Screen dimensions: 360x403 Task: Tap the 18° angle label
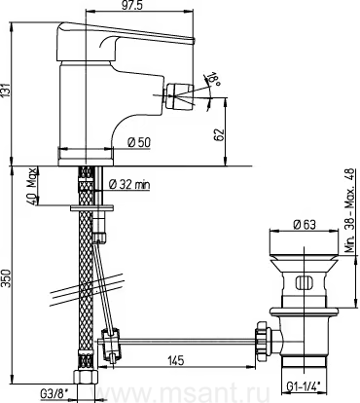point(215,78)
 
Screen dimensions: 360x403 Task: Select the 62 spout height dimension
point(220,134)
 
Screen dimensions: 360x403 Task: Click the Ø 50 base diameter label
point(139,142)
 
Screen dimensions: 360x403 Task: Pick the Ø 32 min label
point(129,185)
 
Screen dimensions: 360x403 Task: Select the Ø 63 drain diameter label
point(304,224)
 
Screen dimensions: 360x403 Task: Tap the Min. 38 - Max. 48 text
point(350,211)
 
